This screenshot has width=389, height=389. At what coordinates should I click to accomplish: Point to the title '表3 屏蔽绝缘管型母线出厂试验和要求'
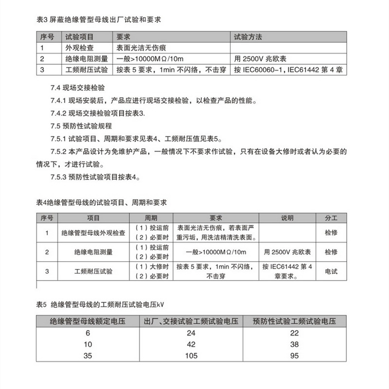(99, 20)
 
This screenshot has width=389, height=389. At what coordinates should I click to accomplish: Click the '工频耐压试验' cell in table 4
(93, 271)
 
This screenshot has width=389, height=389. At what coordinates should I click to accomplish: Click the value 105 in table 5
(193, 355)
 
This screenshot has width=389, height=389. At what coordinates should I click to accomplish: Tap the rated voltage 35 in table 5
(88, 355)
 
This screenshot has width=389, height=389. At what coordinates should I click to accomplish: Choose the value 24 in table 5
(193, 333)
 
